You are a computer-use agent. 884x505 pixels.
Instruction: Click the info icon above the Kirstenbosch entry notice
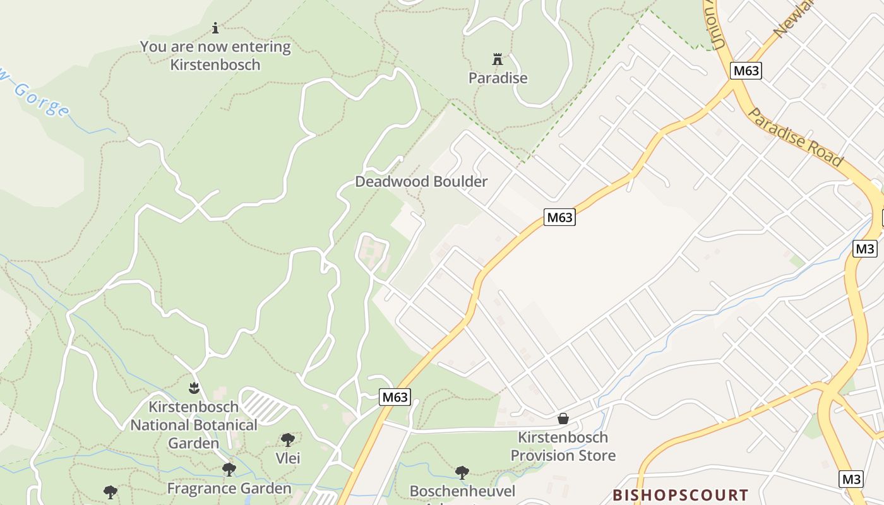[215, 28]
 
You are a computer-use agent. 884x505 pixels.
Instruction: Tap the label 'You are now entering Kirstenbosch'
[215, 56]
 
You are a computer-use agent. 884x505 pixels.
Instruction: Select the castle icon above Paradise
[498, 60]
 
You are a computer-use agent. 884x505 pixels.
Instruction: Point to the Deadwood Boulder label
[421, 182]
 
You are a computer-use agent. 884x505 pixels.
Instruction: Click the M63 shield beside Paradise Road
[746, 71]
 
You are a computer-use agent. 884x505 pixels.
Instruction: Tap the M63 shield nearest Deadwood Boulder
[559, 218]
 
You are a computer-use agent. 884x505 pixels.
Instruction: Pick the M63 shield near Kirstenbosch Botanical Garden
[395, 397]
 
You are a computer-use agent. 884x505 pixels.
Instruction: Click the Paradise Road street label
[795, 137]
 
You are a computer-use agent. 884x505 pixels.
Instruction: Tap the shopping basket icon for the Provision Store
[563, 419]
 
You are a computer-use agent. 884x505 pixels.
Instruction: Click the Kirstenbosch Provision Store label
[563, 446]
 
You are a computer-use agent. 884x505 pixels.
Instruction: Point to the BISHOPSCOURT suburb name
[681, 494]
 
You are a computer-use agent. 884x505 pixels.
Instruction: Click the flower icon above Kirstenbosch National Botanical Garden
[194, 387]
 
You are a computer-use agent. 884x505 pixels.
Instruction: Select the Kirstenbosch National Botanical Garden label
[194, 425]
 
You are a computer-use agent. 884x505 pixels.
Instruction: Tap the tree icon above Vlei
[288, 439]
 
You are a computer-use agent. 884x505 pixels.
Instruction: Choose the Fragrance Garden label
[229, 489]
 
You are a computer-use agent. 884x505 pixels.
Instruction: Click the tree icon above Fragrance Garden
[229, 470]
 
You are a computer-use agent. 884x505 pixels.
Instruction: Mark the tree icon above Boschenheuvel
[462, 472]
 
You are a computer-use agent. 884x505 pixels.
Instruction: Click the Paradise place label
[498, 78]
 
